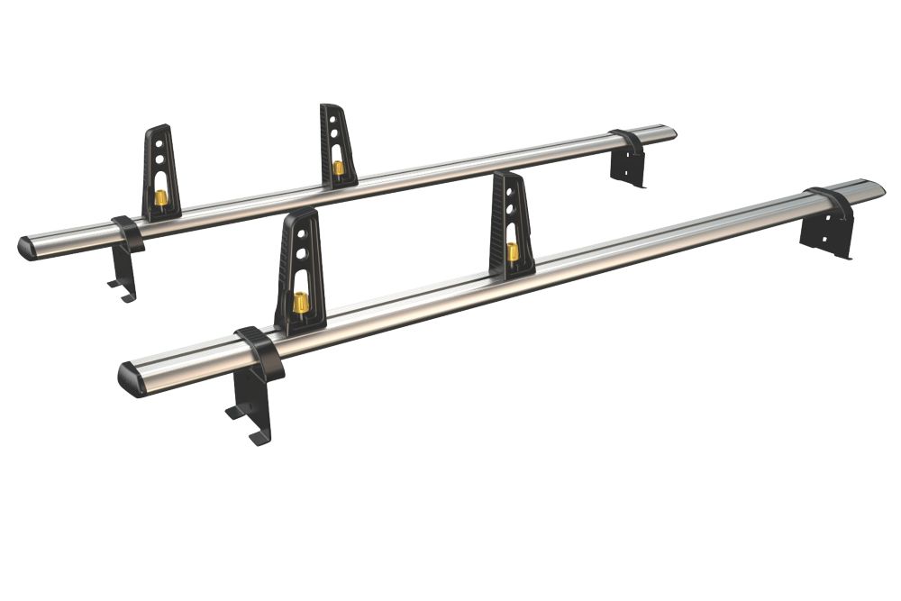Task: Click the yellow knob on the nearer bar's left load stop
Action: pyautogui.click(x=301, y=303)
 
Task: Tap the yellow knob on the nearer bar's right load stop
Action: pyautogui.click(x=513, y=251)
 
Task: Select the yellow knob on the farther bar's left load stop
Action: pyautogui.click(x=161, y=197)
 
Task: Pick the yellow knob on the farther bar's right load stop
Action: pyautogui.click(x=338, y=167)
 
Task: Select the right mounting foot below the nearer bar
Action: pyautogui.click(x=824, y=239)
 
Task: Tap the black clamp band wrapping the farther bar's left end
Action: pyautogui.click(x=128, y=232)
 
